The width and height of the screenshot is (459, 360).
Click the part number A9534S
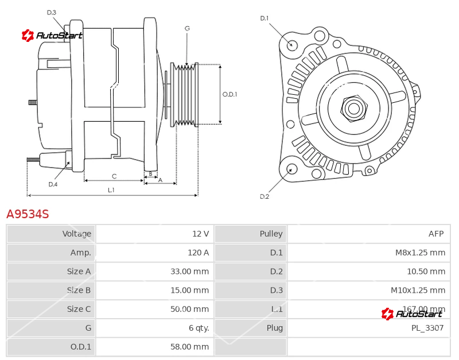tap(28, 214)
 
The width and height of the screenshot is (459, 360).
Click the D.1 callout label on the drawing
tap(264, 18)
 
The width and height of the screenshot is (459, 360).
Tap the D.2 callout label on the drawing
tap(264, 196)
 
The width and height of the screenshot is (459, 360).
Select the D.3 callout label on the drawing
tap(52, 13)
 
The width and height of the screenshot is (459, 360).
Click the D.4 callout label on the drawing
tap(53, 184)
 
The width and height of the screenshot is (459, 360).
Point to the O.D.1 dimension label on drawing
tap(229, 95)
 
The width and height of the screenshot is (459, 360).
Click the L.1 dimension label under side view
tap(111, 190)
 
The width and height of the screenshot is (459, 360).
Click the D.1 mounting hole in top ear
tap(292, 45)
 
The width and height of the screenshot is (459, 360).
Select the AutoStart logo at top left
tap(52, 36)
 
